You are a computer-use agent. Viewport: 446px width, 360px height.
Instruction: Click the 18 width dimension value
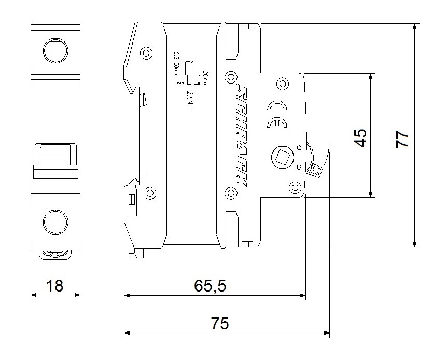(55, 285)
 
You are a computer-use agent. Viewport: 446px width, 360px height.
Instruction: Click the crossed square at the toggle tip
(316, 170)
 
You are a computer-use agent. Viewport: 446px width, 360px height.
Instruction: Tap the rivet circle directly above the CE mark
(282, 83)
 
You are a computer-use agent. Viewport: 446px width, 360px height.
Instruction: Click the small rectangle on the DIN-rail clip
(132, 199)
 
